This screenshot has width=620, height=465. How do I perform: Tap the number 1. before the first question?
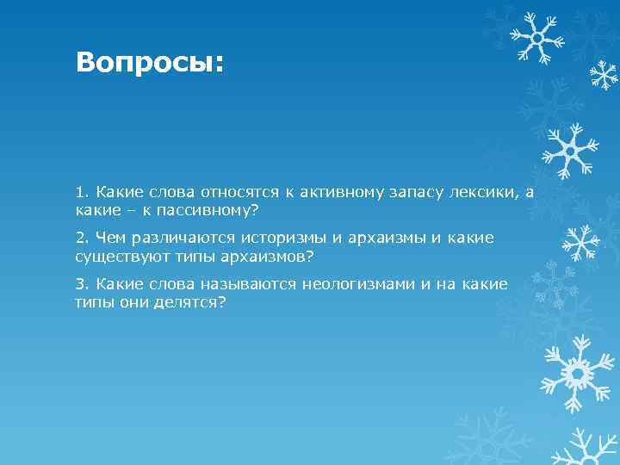[82, 191]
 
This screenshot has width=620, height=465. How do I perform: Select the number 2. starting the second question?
[83, 238]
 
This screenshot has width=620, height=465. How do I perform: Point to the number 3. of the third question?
[83, 284]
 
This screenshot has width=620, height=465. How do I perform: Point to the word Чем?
[110, 238]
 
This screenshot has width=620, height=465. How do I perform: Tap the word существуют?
[115, 256]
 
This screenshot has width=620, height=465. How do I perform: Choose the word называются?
[252, 284]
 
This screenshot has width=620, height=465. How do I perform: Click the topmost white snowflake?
[535, 35]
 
